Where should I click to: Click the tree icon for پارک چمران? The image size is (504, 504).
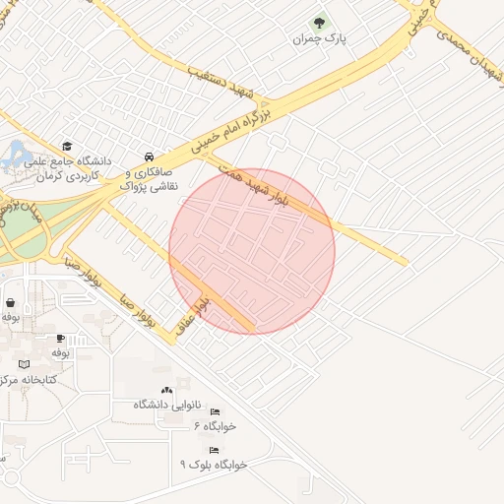[318, 23]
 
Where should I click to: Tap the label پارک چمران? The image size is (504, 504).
[318, 39]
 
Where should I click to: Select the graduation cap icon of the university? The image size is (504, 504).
[67, 145]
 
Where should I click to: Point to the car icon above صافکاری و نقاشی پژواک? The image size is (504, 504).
[149, 157]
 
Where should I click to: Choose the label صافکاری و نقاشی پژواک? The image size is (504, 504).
[149, 177]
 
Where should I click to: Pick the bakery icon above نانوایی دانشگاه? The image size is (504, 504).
[166, 391]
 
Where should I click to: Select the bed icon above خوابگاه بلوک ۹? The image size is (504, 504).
[214, 449]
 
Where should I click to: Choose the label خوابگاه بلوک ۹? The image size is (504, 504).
[214, 464]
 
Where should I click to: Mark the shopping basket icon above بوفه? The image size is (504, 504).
[10, 303]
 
